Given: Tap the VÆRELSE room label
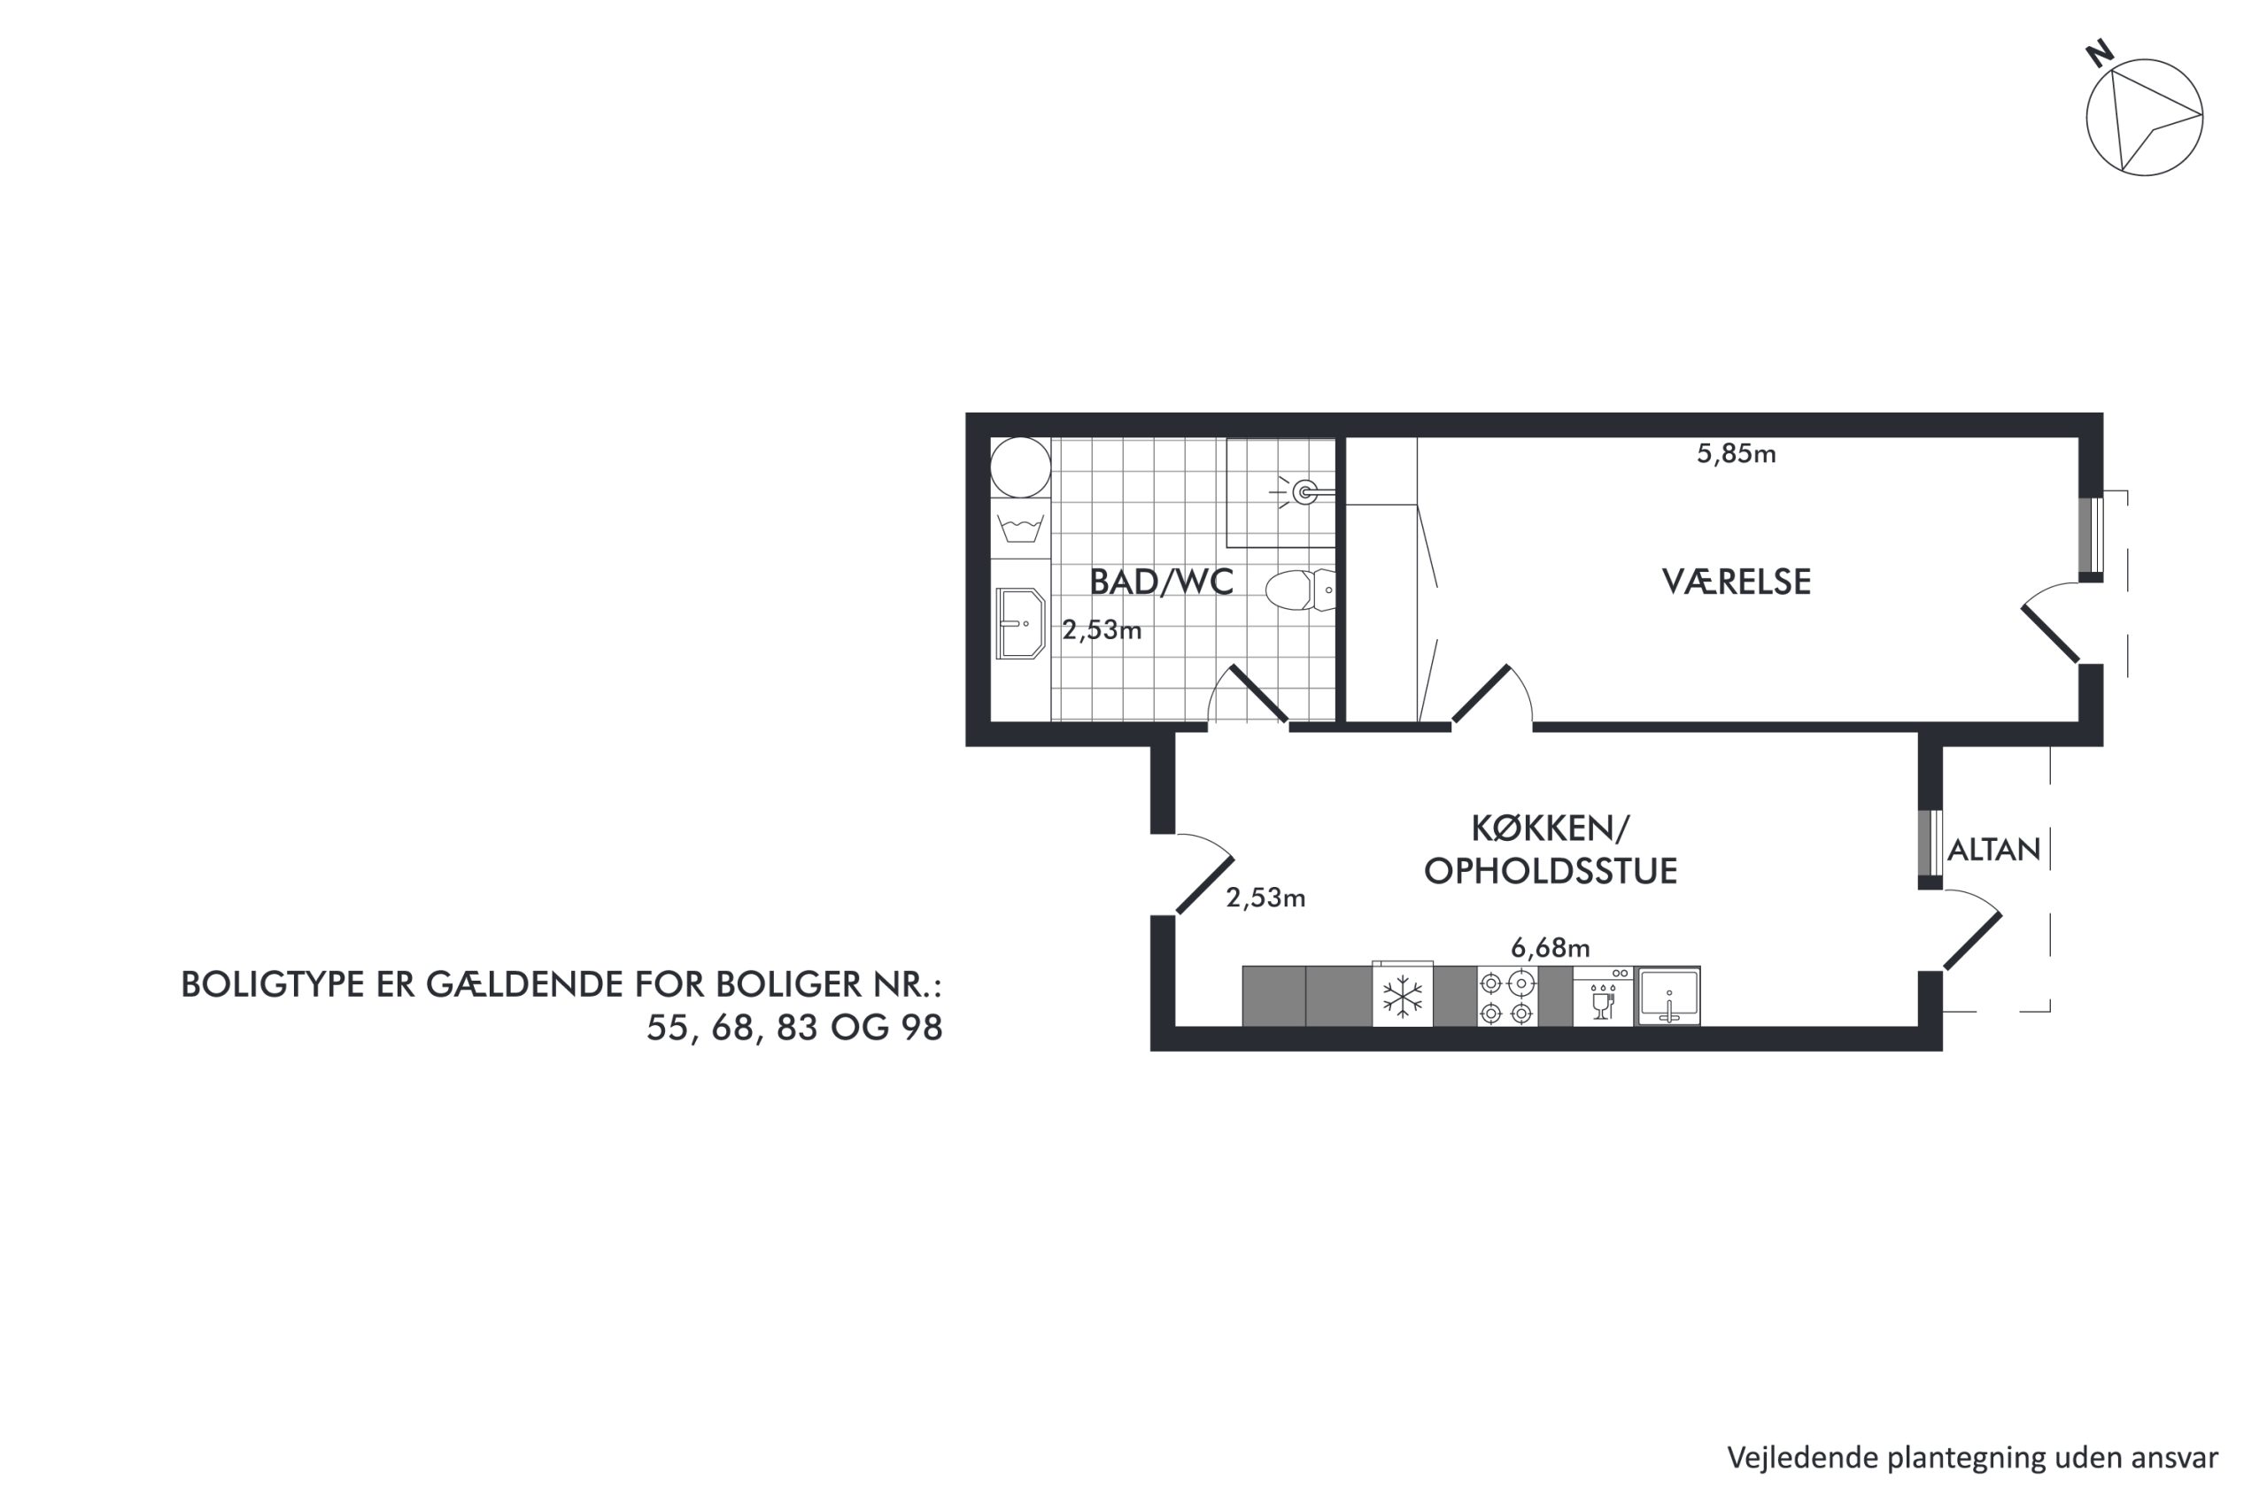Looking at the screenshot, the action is coord(1736,582).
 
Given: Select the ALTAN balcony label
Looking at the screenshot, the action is coord(1994,849).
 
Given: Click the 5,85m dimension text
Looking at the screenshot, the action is coord(1736,454).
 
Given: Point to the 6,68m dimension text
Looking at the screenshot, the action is coord(1550,948).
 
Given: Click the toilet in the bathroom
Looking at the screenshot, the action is coord(1300,590).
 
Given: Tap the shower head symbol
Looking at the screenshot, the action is coord(1305,492).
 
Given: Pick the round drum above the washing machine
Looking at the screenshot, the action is coord(1021,467).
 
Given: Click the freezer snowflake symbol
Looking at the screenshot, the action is coord(1403,997).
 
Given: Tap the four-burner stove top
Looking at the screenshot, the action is coord(1506,997).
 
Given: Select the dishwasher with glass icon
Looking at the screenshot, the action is coord(1602,997).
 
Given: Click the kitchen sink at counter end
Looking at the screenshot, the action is coord(1667,997).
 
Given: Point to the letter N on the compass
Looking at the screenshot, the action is coord(2100,53).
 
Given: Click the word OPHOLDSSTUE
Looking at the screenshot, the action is coord(1551,871).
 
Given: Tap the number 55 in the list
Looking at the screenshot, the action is coord(668,1029).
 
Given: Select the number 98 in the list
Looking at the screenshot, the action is coord(922,1029).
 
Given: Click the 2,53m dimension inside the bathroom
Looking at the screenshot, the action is coord(1102,630).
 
